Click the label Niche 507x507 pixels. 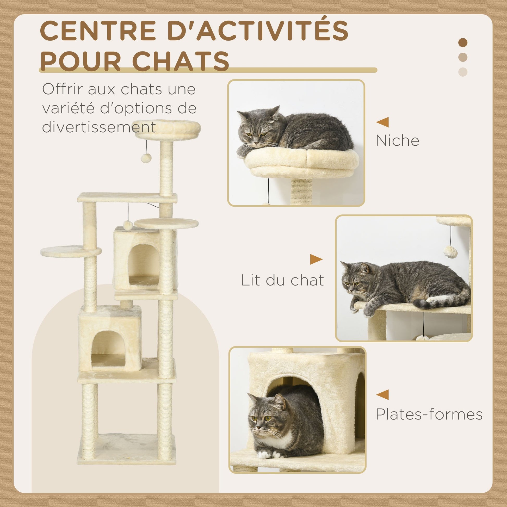click(x=397, y=140)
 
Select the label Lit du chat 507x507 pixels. click(x=282, y=280)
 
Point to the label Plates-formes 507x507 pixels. click(x=429, y=415)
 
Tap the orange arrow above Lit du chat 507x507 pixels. click(x=316, y=259)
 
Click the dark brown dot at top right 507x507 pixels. click(x=463, y=42)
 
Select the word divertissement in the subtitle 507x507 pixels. click(x=99, y=127)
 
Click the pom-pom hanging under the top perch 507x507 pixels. click(x=146, y=158)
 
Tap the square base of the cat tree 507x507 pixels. click(x=126, y=449)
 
